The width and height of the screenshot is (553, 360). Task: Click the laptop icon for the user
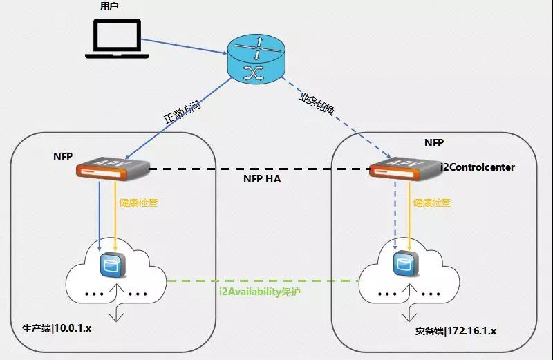click(113, 38)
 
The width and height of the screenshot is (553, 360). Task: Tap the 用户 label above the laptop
click(109, 7)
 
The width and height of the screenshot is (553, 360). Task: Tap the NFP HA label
click(262, 179)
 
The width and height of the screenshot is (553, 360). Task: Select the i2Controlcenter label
click(478, 167)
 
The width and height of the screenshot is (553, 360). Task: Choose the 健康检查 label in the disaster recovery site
click(432, 203)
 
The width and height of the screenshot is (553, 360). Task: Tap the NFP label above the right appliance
click(434, 143)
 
